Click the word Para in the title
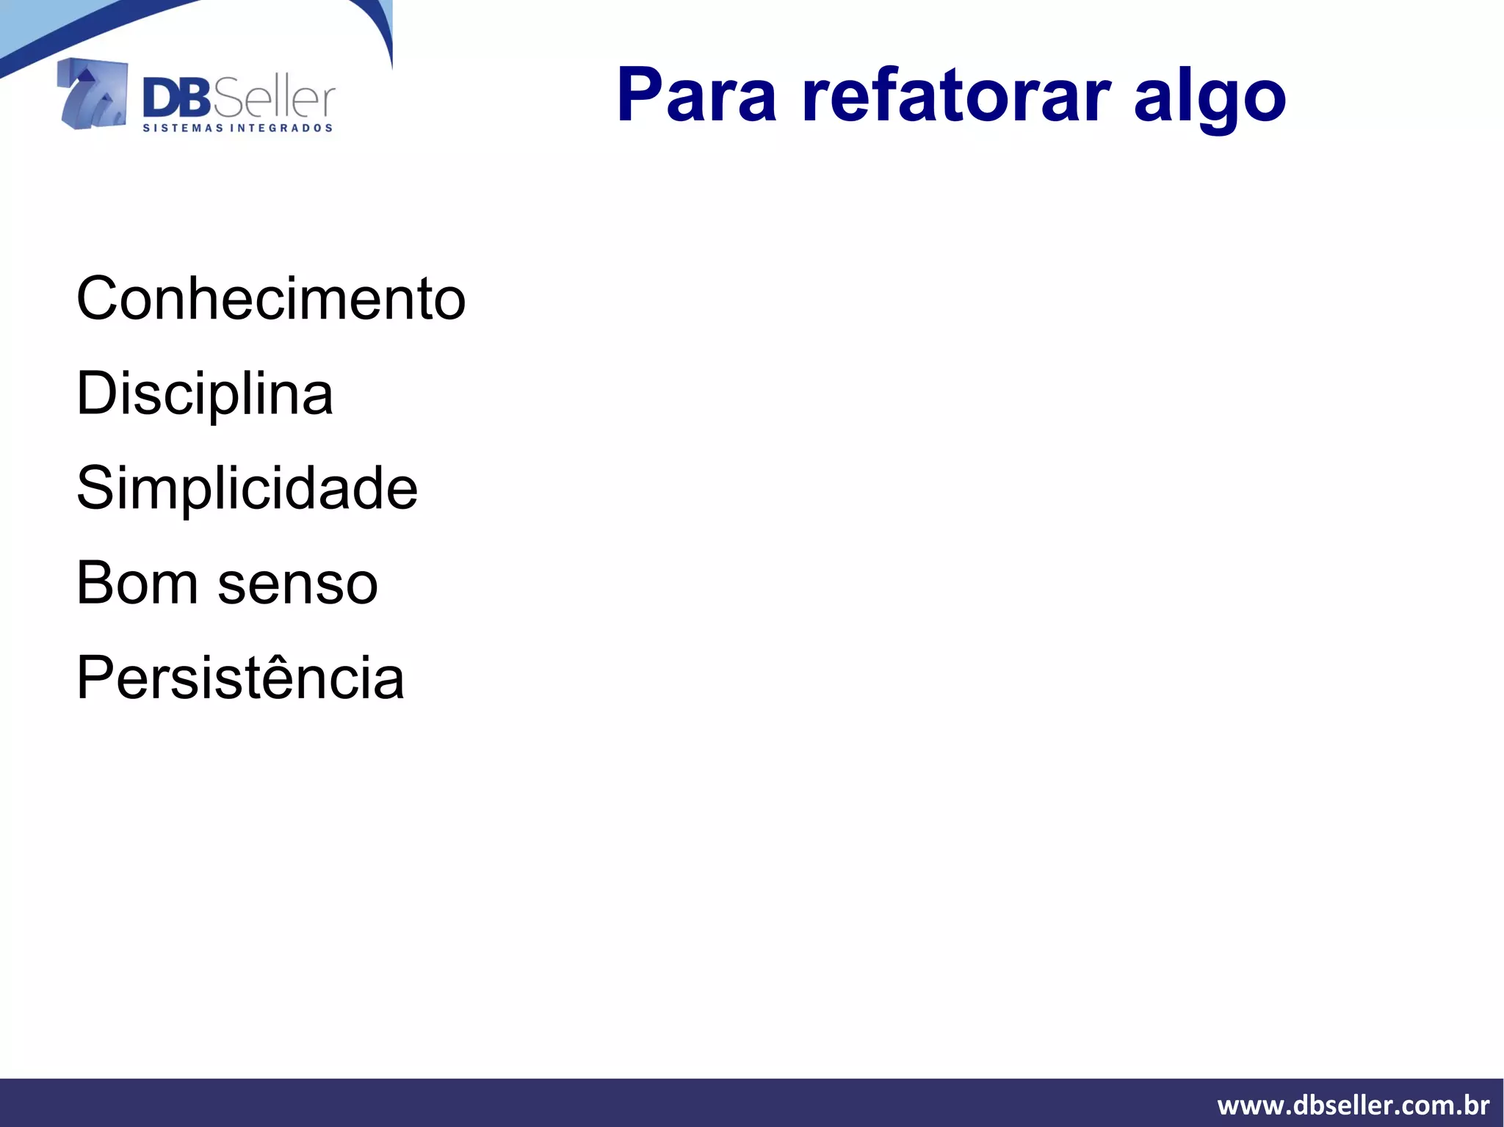(696, 95)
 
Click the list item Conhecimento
(271, 299)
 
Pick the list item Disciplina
(204, 394)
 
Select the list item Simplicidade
(247, 489)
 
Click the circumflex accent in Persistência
(303, 655)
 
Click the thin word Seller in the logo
(274, 100)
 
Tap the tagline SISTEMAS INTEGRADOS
(237, 128)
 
